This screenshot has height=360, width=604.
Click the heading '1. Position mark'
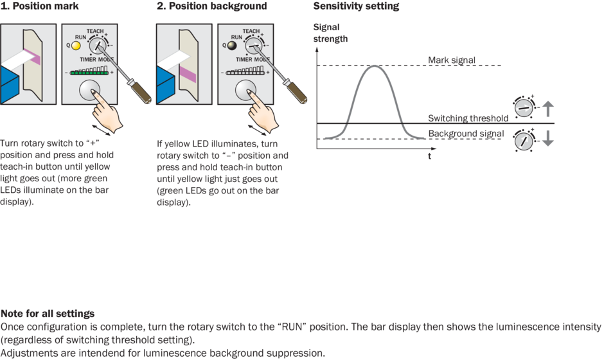tap(40, 6)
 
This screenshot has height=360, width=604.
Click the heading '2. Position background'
tap(211, 6)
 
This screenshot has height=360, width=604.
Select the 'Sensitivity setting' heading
tap(356, 6)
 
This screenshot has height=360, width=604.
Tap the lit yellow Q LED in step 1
tap(75, 46)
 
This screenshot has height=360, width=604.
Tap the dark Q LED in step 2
tap(231, 46)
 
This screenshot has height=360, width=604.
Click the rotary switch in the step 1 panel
tap(98, 45)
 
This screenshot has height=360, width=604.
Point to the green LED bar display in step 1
tap(90, 73)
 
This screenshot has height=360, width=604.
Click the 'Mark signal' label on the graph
tap(452, 60)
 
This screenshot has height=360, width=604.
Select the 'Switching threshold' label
tap(468, 118)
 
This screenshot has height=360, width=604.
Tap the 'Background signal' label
tap(465, 133)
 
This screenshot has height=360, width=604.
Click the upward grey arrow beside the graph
tap(547, 107)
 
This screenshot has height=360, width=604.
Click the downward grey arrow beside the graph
tap(547, 138)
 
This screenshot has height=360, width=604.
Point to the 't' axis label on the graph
tap(430, 156)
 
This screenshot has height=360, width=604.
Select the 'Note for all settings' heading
tap(48, 314)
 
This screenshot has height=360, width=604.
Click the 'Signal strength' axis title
tap(330, 33)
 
